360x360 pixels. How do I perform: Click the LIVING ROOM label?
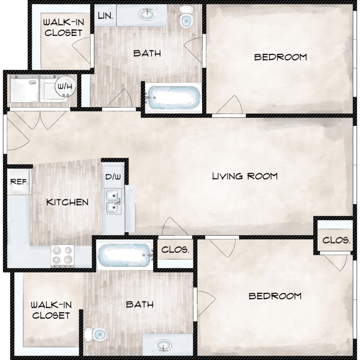pos(245,176)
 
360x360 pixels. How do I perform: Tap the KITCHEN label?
pos(67,202)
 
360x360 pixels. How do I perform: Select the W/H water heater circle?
pos(65,86)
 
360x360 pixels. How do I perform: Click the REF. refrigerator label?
pos(19,182)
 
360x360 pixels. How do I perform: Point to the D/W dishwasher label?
pos(113,177)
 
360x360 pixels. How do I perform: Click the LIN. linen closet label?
pos(106,16)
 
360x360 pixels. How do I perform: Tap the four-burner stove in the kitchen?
pos(62,256)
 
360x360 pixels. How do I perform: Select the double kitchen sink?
pos(113,201)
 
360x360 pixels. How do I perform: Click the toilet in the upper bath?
pos(186,16)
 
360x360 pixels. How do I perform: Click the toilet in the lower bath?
pos(96,334)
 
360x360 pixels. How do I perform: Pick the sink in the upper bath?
pos(146,15)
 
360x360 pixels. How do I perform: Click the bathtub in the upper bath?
pos(173,98)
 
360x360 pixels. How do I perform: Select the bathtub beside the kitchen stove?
pos(125,255)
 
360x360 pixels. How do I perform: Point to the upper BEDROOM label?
pos(281,57)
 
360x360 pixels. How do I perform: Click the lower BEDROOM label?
pos(275,296)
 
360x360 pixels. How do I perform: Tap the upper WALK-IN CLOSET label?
pos(63,28)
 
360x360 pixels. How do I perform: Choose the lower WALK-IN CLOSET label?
pos(51,311)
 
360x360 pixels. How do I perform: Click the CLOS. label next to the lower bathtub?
pos(175,250)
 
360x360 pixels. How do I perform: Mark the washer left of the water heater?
pos(24,89)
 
